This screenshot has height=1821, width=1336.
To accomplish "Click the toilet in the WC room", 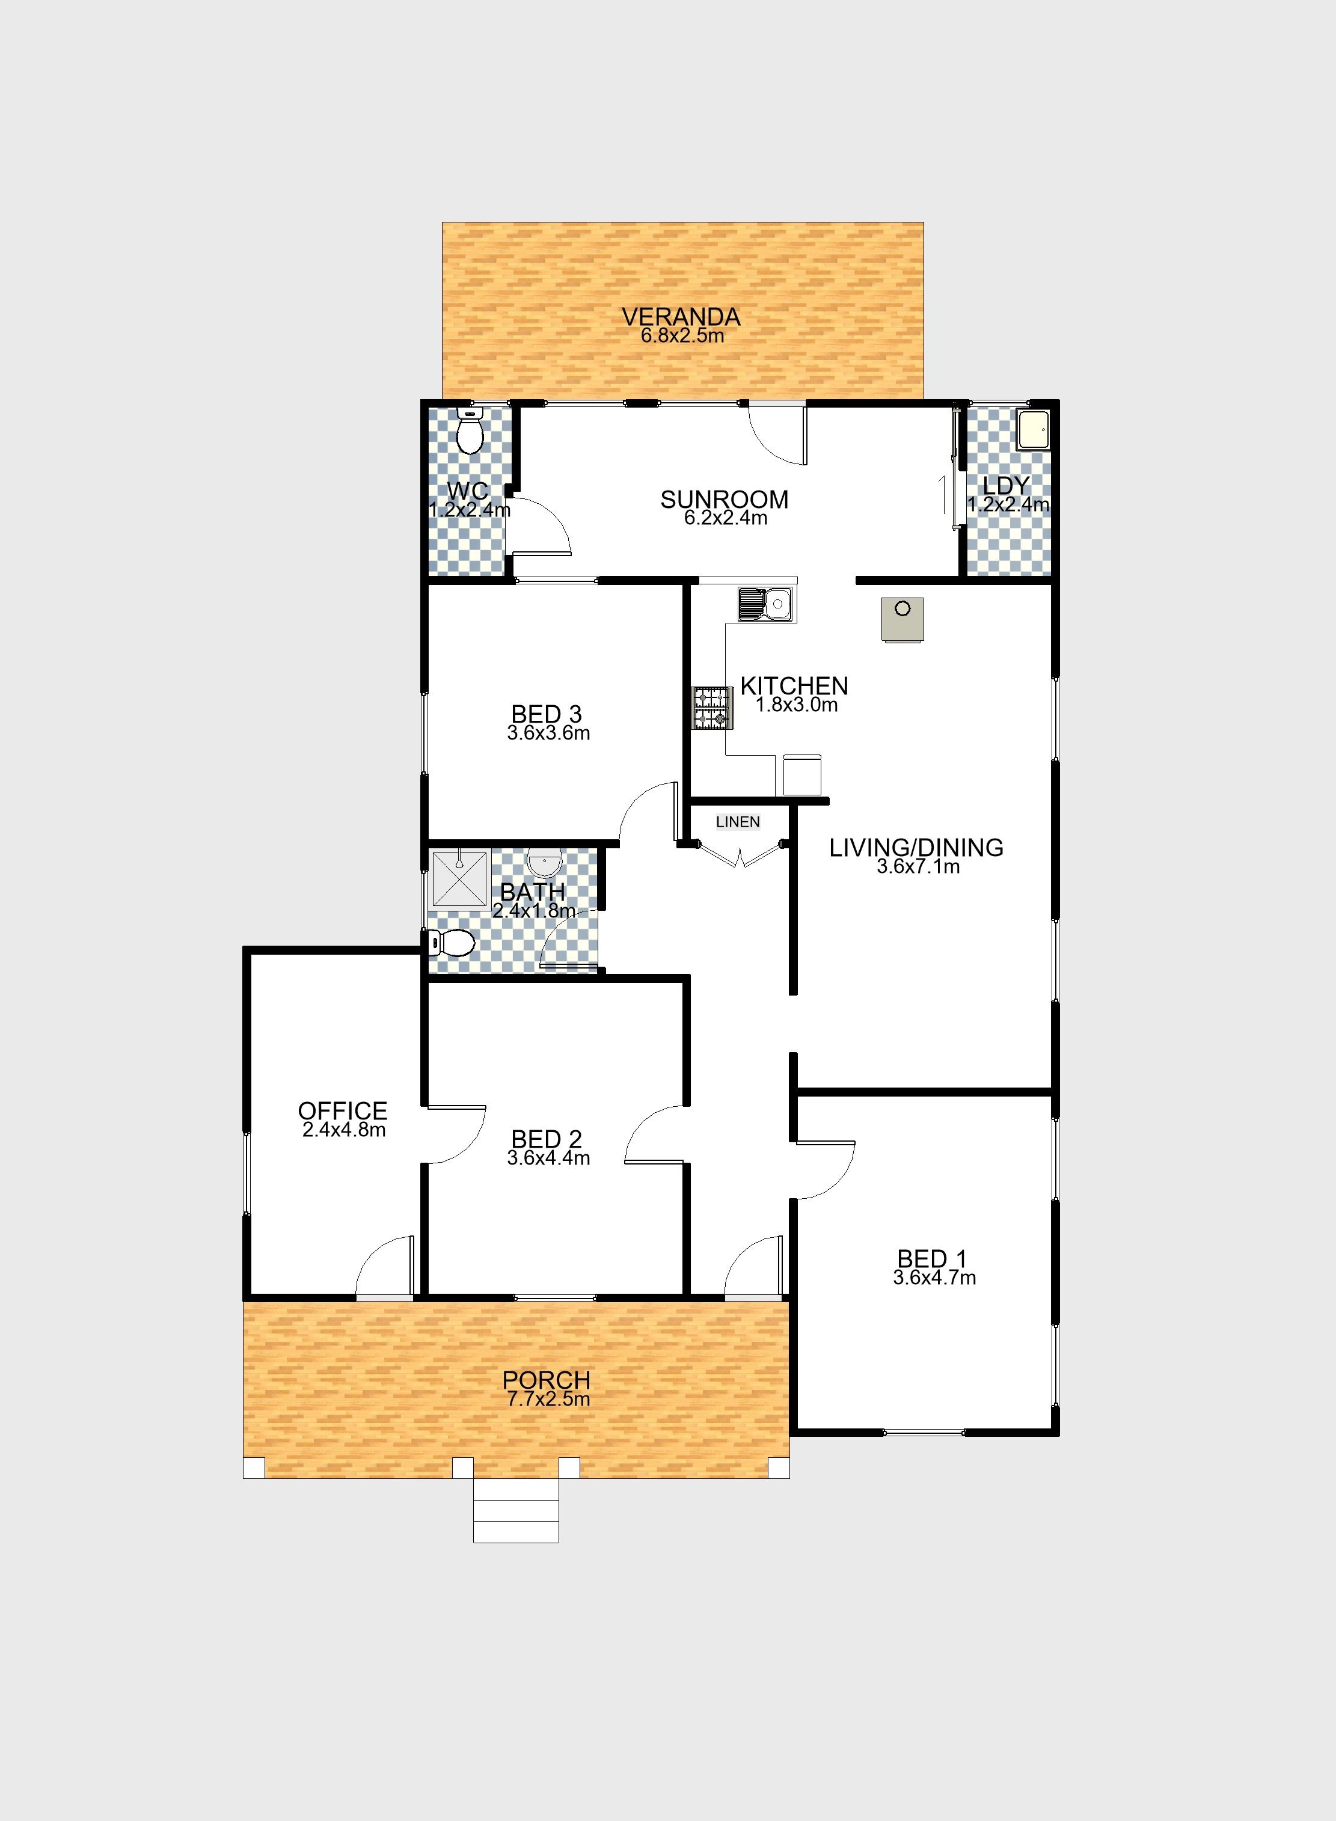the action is (470, 430).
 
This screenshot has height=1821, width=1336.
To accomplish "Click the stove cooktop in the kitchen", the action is (712, 708).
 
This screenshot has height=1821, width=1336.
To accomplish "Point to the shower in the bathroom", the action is (460, 879).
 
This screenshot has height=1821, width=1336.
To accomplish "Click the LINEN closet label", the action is (738, 822).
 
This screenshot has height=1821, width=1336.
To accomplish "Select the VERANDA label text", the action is (681, 316).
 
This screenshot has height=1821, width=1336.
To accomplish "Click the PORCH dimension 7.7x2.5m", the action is (548, 1399).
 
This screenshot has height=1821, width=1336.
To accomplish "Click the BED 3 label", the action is (547, 714).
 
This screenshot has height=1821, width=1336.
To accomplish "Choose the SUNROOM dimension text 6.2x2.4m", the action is (725, 518).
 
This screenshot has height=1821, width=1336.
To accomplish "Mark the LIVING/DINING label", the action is (916, 848).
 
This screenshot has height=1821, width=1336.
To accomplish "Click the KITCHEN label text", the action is (794, 686).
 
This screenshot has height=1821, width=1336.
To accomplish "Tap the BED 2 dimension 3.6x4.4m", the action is (548, 1158).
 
